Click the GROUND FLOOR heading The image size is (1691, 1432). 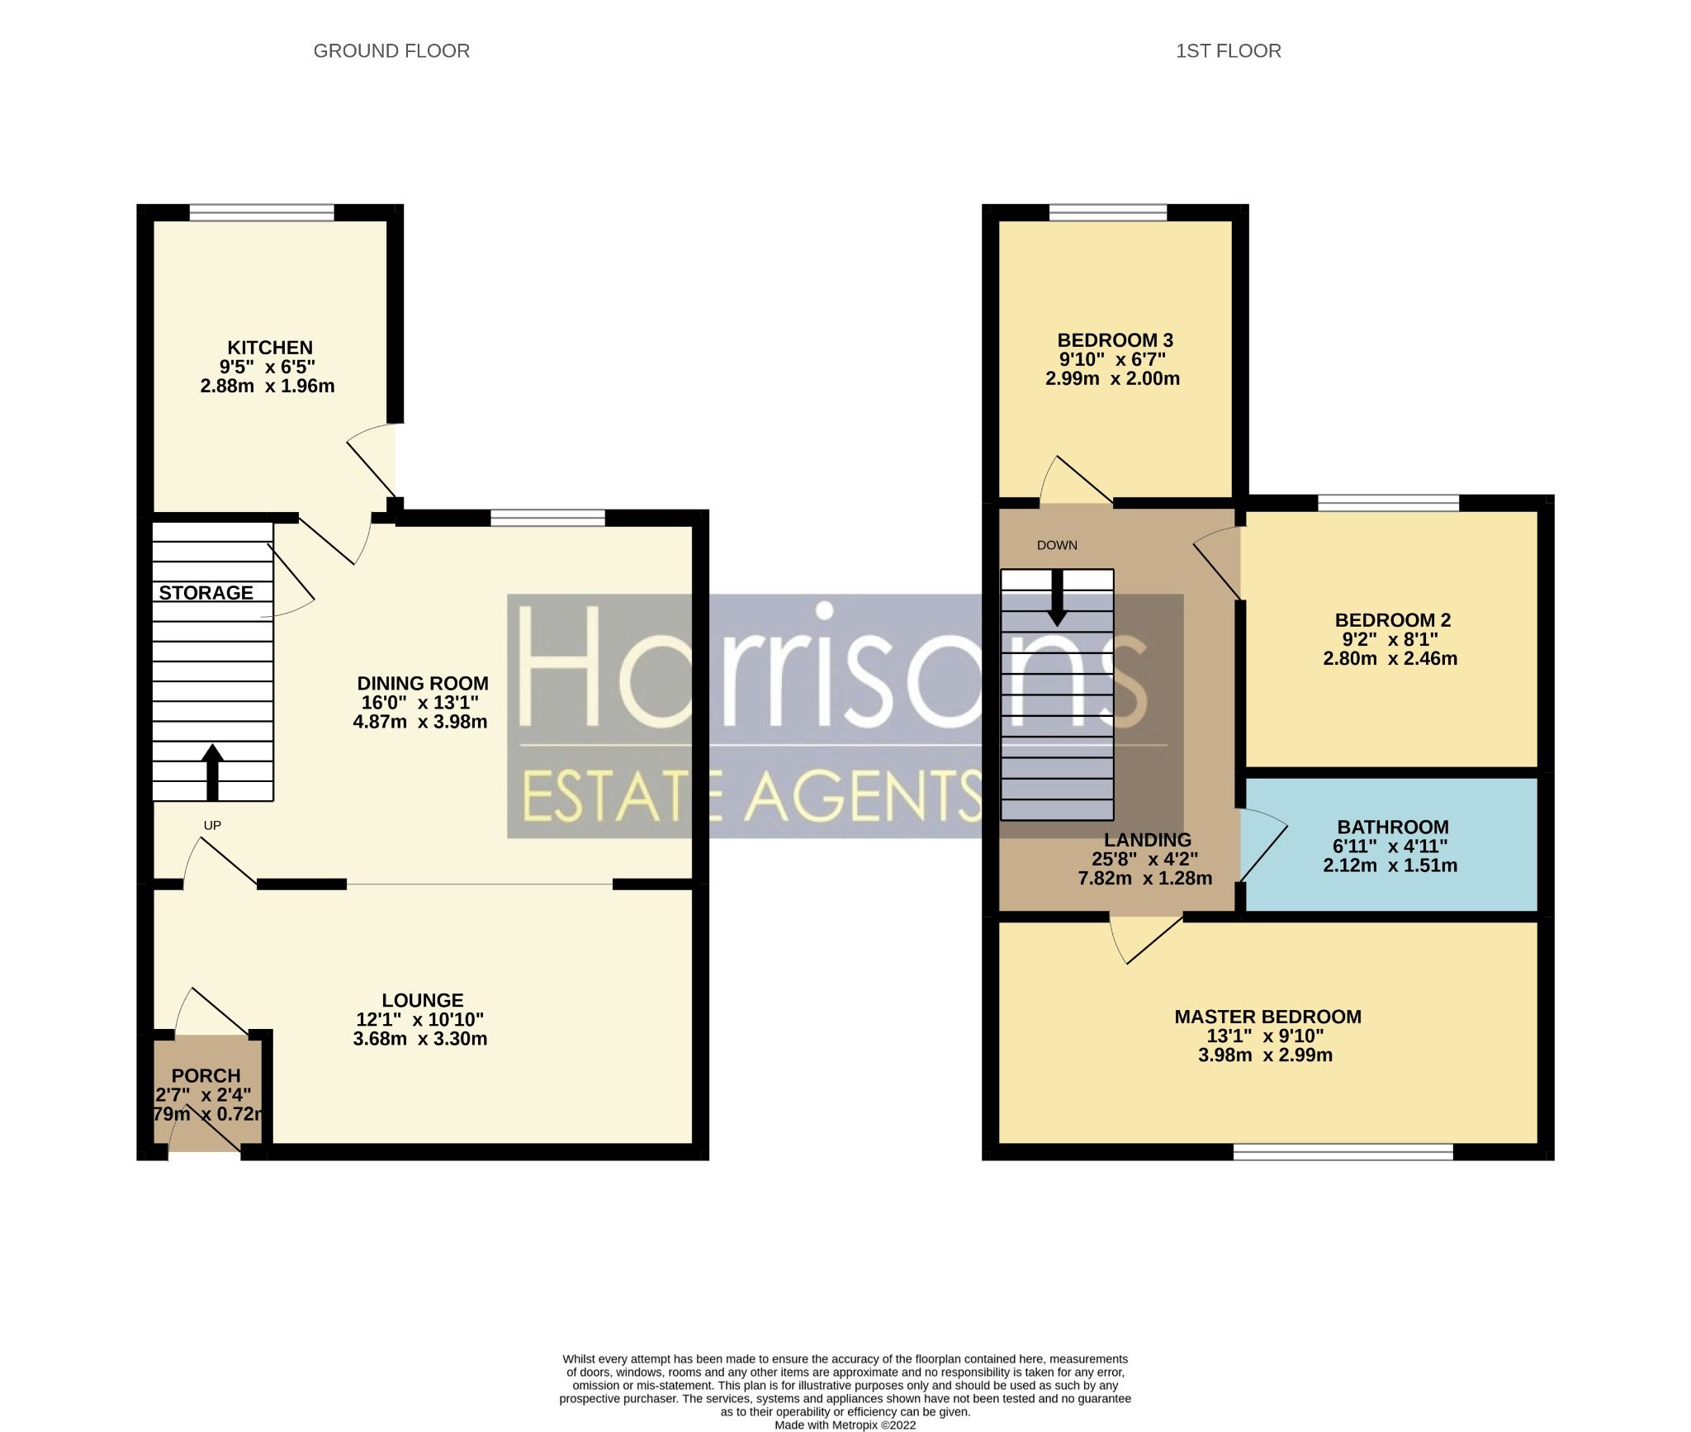pos(391,51)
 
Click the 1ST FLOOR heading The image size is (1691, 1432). pos(1228,51)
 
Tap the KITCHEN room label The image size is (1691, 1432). pos(270,348)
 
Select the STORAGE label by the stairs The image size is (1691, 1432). pos(206,593)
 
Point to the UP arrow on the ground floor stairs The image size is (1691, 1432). pos(212,772)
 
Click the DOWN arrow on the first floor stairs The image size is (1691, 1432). pos(1057,598)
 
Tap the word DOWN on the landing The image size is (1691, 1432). pos(1057,545)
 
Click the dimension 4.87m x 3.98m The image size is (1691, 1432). pos(419,722)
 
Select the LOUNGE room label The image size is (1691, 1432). pos(423,1000)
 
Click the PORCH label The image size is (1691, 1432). pos(206,1076)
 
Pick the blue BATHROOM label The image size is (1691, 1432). pos(1393,827)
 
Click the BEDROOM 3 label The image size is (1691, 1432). pos(1115,340)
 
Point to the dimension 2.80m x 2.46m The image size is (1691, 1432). pos(1390,659)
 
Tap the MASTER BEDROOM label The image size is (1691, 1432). pos(1267,1017)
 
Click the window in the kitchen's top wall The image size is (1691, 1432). pos(262,213)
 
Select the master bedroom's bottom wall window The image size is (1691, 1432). pos(1343,1151)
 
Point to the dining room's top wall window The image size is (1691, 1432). pos(547,518)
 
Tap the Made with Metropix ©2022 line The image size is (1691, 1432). pos(845,1425)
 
